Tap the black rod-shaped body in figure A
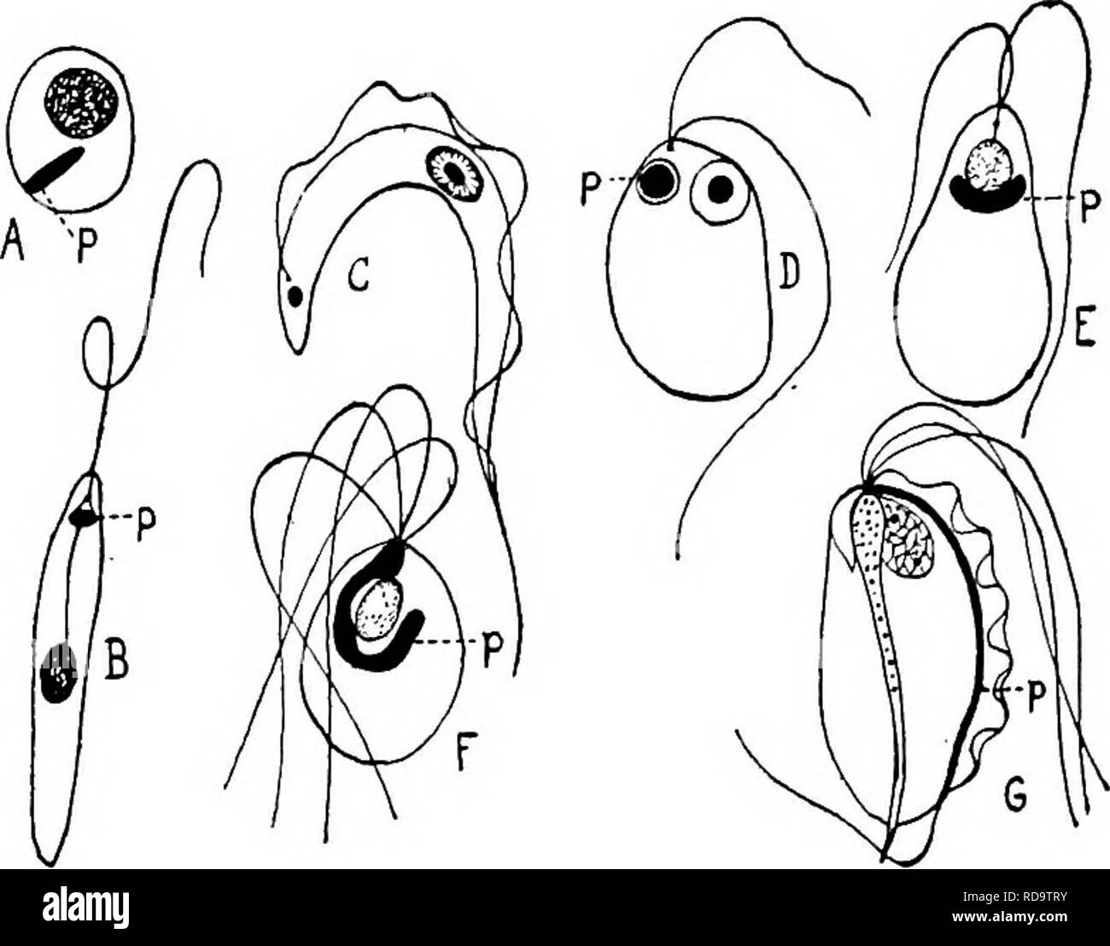click(52, 169)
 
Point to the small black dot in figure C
click(295, 296)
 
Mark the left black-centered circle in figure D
click(656, 184)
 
